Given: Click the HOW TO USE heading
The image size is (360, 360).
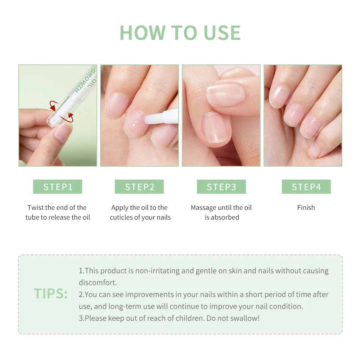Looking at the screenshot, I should (x=180, y=33).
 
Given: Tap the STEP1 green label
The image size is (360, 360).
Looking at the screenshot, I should (x=58, y=187).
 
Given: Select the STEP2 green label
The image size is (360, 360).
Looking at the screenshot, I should (x=139, y=187).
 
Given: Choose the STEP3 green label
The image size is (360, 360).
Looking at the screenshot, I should (x=221, y=187).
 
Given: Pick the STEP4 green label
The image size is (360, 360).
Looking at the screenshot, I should (x=306, y=187).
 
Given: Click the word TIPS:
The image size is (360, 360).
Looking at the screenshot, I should (x=51, y=294).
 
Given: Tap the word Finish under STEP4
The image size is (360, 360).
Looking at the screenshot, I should (x=306, y=208).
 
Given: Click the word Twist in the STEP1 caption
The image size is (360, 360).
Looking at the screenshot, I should (x=36, y=208).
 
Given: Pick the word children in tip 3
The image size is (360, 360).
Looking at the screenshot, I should (x=192, y=318).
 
